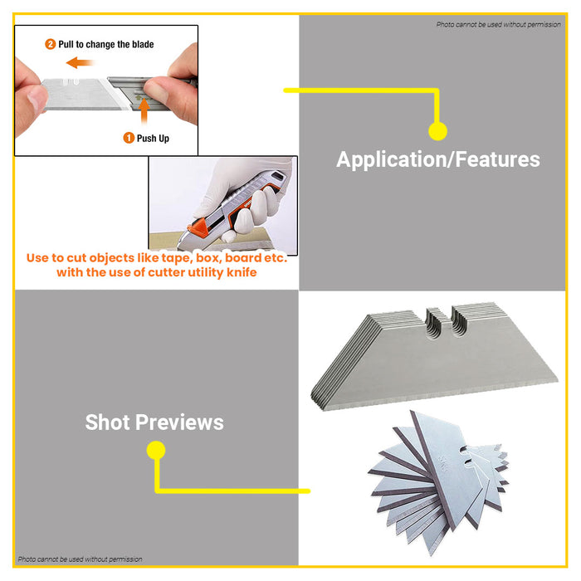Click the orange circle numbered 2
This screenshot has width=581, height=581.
pos(51,45)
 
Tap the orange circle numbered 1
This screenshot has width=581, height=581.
pos(128,139)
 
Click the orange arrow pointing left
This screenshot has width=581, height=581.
pos(79,62)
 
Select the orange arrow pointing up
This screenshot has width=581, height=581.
pos(144,110)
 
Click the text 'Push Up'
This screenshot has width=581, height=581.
pos(153,139)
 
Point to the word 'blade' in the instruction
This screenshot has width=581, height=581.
pos(143,45)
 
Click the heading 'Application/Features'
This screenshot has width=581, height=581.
pos(438,159)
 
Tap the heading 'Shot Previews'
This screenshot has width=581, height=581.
pos(154,422)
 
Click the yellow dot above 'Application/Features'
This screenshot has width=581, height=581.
pos(437,131)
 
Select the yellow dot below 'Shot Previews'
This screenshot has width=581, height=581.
pos(156,450)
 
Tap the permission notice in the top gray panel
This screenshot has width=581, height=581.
pos(498,25)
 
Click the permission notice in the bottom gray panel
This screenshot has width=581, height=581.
pos(80,559)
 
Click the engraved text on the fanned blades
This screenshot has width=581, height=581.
pos(443,464)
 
